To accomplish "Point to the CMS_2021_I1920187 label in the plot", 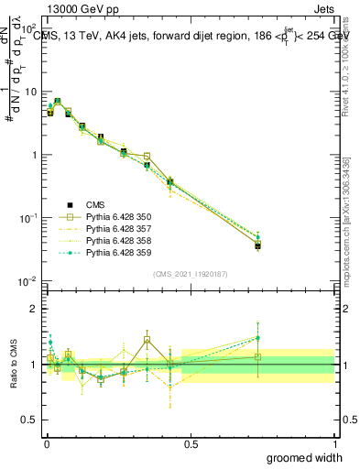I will tap(190, 274).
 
